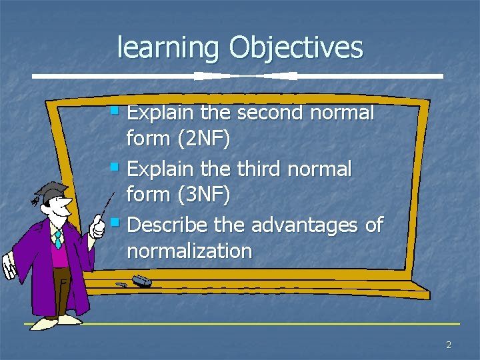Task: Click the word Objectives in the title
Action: point(296,48)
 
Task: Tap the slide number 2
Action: point(448,345)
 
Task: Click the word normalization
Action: point(189,251)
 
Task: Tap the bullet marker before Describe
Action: point(115,221)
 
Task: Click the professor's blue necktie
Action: point(58,239)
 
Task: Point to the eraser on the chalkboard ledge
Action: point(141,281)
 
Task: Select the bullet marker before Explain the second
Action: point(115,109)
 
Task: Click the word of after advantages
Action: point(374,225)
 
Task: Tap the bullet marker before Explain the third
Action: point(115,165)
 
